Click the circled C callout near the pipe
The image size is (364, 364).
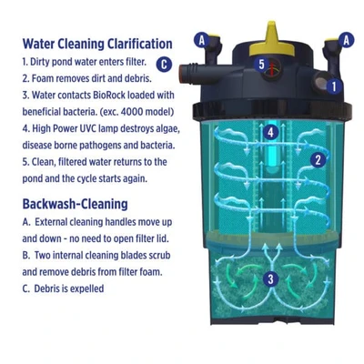tap(163, 64)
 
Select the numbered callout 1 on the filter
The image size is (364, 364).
tap(333, 86)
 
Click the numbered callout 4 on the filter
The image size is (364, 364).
tap(270, 132)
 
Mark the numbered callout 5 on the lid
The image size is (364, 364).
tap(261, 64)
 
